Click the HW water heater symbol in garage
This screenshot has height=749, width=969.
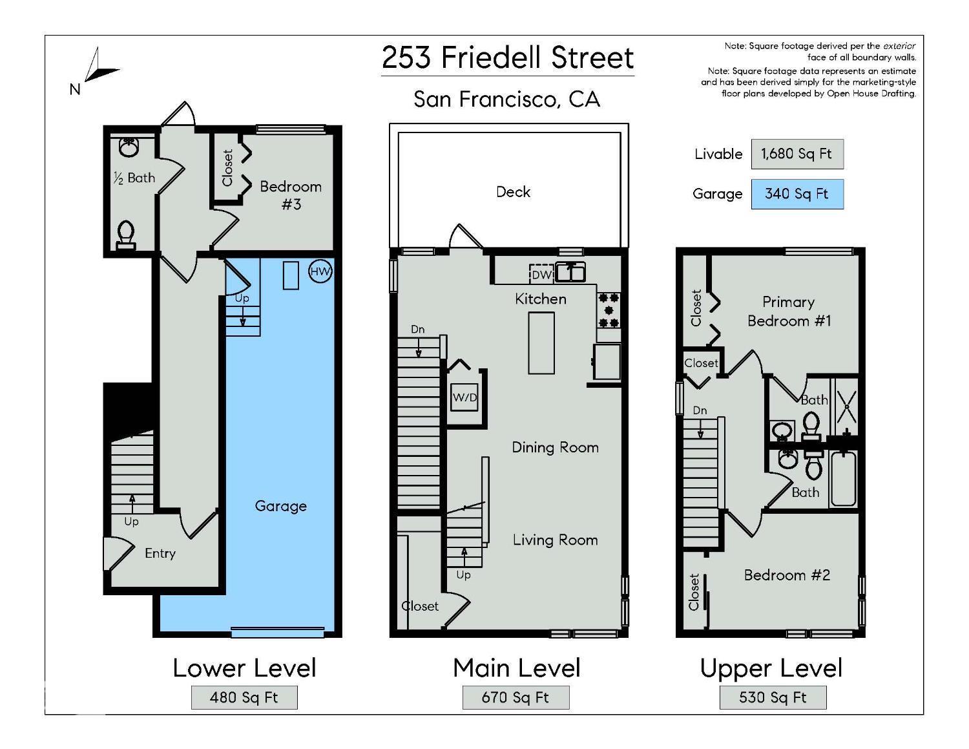point(320,271)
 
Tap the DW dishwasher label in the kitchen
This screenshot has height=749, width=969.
point(541,275)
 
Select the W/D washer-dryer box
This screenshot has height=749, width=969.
point(464,397)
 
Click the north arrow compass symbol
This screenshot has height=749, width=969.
point(97,69)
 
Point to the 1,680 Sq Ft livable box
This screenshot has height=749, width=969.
point(797,154)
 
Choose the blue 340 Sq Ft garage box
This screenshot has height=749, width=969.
point(797,194)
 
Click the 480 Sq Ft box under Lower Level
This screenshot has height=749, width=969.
point(244,697)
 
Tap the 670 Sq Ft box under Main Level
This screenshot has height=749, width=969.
point(516,697)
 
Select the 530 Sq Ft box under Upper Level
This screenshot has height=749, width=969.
point(773,697)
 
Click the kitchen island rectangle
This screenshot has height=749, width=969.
point(541,343)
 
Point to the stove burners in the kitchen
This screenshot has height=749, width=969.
point(609,310)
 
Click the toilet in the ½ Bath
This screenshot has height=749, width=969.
point(126,234)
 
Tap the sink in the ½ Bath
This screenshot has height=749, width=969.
point(129,147)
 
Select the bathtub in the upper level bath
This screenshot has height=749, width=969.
point(843,478)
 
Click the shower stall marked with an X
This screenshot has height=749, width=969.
point(846,405)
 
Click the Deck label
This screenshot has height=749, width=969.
point(513,192)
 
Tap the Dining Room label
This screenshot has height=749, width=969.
point(555,447)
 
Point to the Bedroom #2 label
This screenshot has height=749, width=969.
point(787,575)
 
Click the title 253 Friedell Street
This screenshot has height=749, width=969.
point(508,58)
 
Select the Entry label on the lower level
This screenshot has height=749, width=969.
point(160,553)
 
